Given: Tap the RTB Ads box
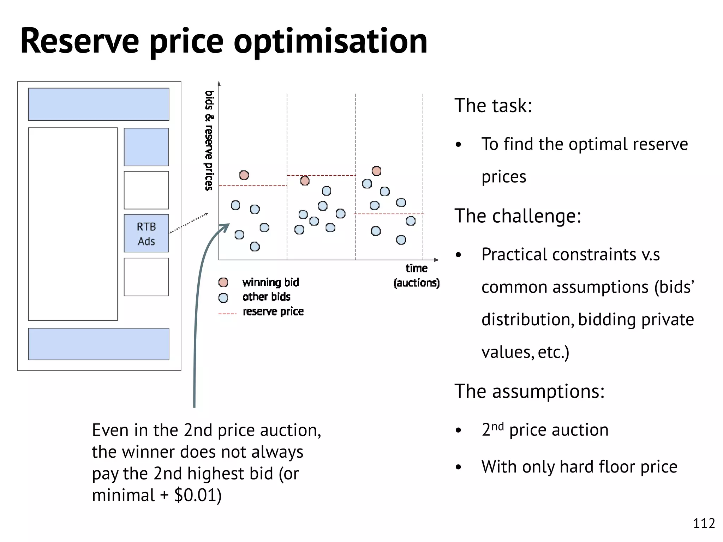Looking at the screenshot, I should (146, 233).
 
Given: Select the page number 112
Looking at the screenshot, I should (704, 523).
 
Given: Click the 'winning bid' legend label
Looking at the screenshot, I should (270, 282).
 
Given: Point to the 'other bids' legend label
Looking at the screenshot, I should (266, 297).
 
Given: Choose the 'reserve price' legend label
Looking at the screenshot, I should (273, 311).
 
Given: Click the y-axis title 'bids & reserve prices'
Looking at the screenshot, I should (209, 140).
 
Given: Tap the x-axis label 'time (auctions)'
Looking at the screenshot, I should (417, 276).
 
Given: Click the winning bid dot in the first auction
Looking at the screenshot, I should (244, 175).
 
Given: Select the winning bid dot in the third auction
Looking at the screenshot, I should (377, 171).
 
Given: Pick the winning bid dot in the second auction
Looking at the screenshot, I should (305, 181).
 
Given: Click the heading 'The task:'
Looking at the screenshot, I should (493, 106).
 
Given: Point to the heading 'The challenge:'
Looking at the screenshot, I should (518, 216).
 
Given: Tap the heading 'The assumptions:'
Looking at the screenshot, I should (529, 391).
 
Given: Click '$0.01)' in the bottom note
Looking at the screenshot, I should (198, 495).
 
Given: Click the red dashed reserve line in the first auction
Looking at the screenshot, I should (252, 186).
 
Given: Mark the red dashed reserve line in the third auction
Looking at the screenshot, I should (388, 214).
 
